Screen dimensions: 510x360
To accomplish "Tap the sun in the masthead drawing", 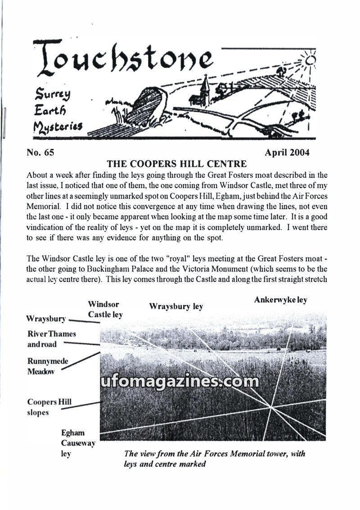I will (x=308, y=59).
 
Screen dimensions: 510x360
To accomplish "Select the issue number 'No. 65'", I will (x=40, y=152).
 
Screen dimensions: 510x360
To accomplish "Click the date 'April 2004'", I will (x=287, y=152).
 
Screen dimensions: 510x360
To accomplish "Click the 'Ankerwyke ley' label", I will (x=280, y=300).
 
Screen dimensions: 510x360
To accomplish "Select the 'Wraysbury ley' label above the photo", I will (x=176, y=307).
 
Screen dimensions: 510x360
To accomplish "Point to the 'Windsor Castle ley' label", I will (x=105, y=309).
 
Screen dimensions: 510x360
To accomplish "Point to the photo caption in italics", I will (x=214, y=458).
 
